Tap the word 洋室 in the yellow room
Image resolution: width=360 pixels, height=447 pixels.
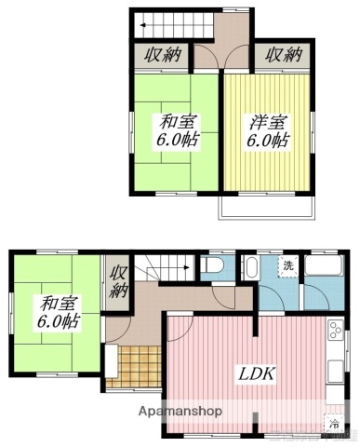(261, 123)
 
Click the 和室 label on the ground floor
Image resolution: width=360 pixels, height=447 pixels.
(58, 304)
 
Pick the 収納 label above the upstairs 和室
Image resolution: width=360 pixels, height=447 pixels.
(163, 55)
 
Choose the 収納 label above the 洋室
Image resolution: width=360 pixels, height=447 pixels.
(284, 55)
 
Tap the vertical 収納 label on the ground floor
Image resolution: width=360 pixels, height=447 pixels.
(118, 280)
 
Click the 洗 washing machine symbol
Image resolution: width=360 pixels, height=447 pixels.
(288, 265)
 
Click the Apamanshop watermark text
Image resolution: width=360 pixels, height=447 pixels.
(179, 411)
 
